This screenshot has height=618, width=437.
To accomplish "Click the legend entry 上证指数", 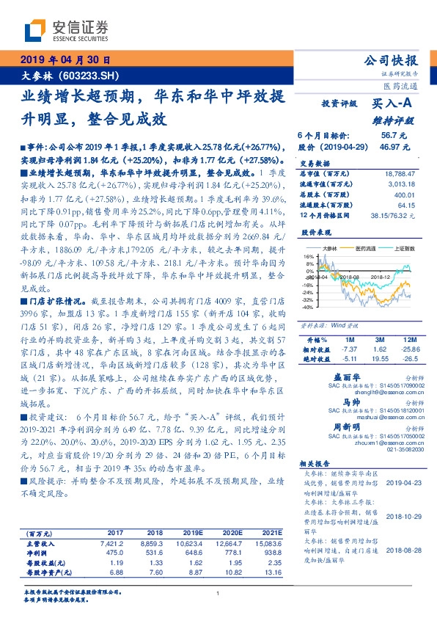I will [x=404, y=249].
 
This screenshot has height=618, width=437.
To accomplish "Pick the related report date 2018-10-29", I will [x=400, y=517].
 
